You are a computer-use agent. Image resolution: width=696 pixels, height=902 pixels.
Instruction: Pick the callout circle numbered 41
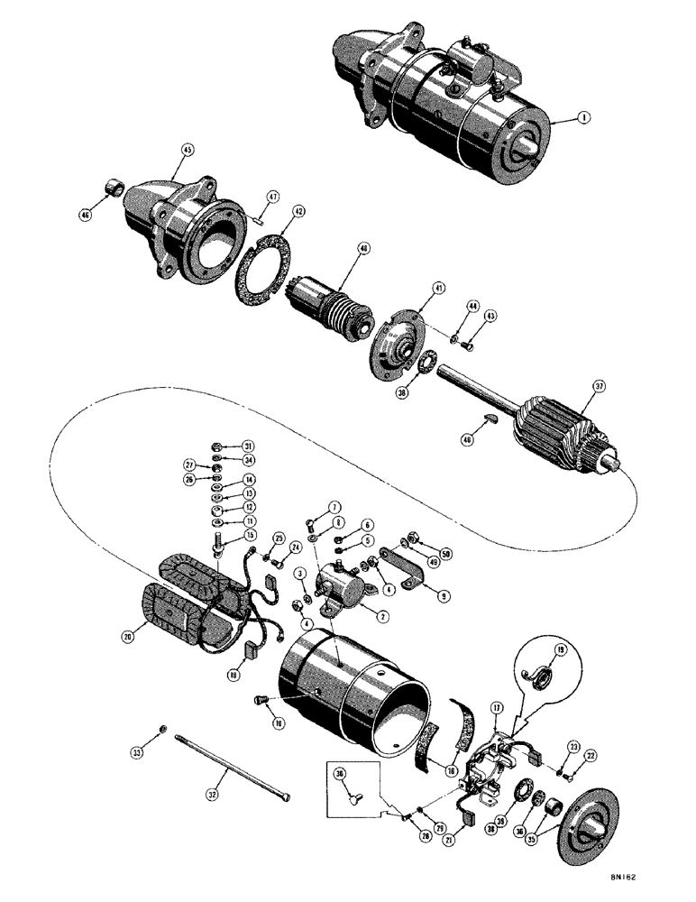click(438, 289)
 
